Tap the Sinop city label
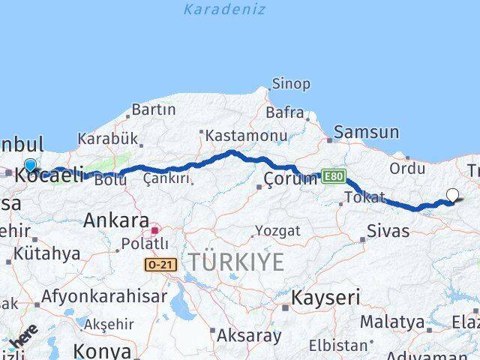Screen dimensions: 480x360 (290, 84)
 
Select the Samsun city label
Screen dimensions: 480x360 (366, 132)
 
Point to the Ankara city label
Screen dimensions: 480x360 (116, 220)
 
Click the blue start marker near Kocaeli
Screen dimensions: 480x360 (30, 166)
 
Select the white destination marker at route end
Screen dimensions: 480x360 (452, 196)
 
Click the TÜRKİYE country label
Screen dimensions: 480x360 (235, 262)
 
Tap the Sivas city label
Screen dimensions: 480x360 (388, 230)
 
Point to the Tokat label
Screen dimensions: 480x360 (364, 197)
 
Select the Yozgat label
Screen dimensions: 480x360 (277, 230)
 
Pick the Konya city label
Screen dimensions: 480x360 (102, 351)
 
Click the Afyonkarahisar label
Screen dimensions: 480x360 (104, 295)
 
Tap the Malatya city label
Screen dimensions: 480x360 (392, 322)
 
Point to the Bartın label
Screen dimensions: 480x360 (153, 109)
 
